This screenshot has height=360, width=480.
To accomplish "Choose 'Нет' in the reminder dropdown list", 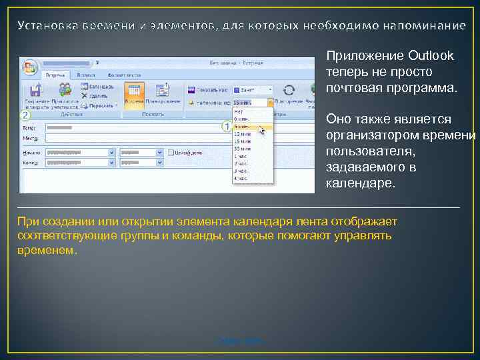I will (238, 112).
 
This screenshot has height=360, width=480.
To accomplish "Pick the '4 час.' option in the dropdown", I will (240, 178).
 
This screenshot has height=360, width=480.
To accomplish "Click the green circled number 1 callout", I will (226, 125).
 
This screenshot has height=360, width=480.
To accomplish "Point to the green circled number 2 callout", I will (25, 115).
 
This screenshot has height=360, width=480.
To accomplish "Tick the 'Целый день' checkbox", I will (171, 152).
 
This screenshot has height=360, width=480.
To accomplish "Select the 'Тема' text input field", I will (133, 127).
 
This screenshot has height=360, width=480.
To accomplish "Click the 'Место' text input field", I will (133, 137).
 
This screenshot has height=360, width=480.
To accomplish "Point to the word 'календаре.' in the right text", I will (360, 183).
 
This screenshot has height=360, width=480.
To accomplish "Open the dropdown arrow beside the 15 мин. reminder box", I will (270, 103).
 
